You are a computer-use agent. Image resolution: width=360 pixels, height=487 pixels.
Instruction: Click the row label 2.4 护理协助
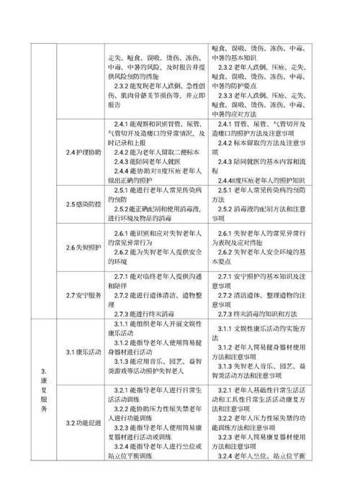point(76,153)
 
